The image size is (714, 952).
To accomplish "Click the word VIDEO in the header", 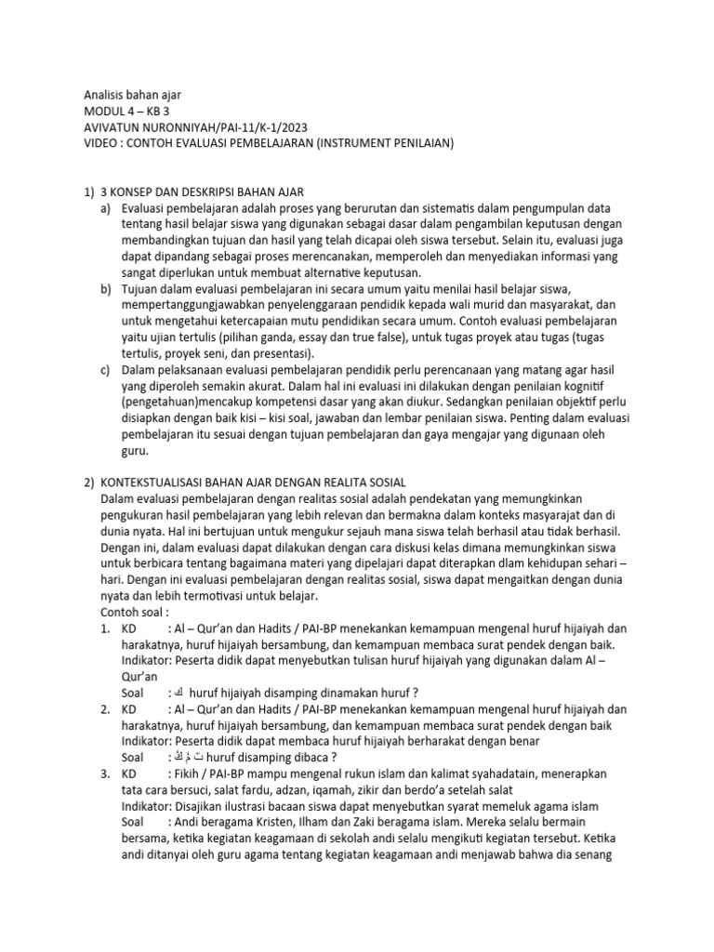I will pyautogui.click(x=90, y=144).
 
